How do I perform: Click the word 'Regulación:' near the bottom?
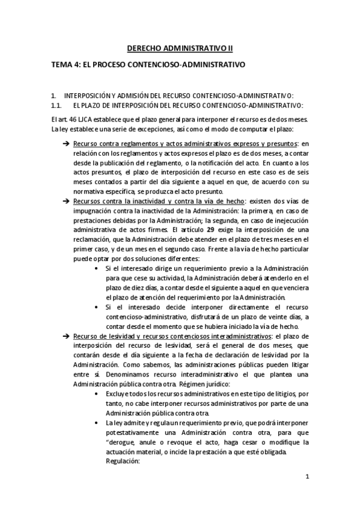[122, 462]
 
